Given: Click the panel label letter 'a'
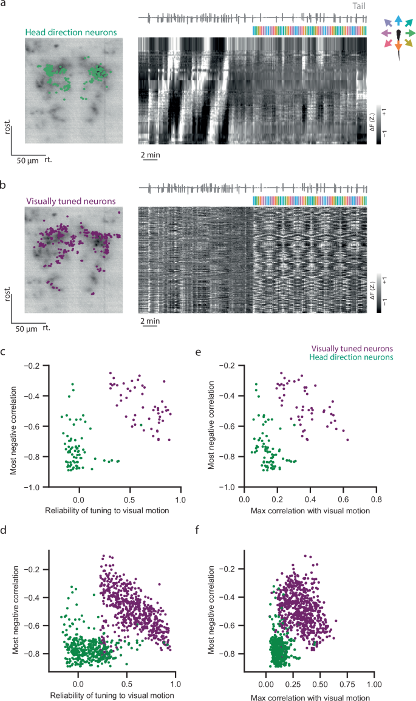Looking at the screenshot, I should (x=4, y=5).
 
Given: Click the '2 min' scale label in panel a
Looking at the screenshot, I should (x=151, y=155).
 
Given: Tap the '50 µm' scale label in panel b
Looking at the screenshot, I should (x=27, y=329).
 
